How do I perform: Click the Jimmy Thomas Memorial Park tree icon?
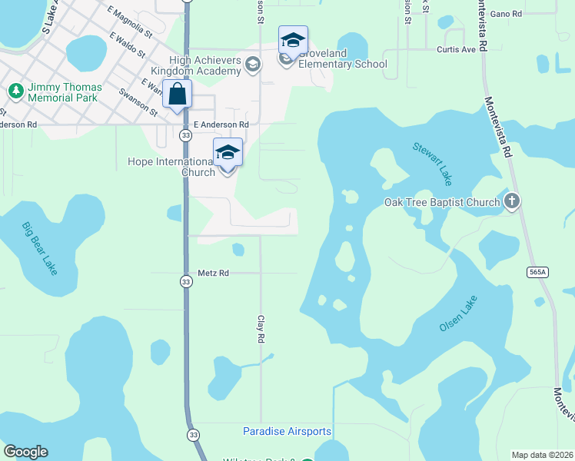[15, 91]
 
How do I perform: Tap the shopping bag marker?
[178, 96]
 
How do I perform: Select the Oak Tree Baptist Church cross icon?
[513, 202]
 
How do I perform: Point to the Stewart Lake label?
[432, 163]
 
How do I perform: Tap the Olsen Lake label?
[458, 313]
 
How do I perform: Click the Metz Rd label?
[213, 273]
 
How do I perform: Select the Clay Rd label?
[261, 328]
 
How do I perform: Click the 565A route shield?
[538, 272]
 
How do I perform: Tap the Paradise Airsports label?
[287, 432]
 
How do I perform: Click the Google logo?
[25, 452]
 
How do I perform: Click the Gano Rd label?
[506, 14]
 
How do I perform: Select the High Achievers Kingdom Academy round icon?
[252, 66]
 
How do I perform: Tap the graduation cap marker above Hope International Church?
[228, 152]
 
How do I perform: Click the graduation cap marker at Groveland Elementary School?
[293, 40]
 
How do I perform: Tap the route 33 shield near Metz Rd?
[186, 282]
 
